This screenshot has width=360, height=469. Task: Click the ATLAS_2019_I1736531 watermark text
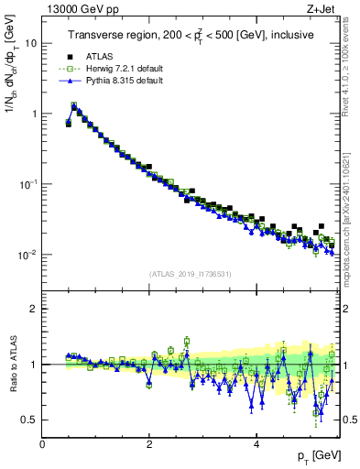coord(190,274)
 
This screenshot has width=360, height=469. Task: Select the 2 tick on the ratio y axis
coord(34,309)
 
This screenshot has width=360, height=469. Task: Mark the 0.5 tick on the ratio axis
coord(30,420)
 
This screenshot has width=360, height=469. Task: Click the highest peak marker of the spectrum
coord(73,105)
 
